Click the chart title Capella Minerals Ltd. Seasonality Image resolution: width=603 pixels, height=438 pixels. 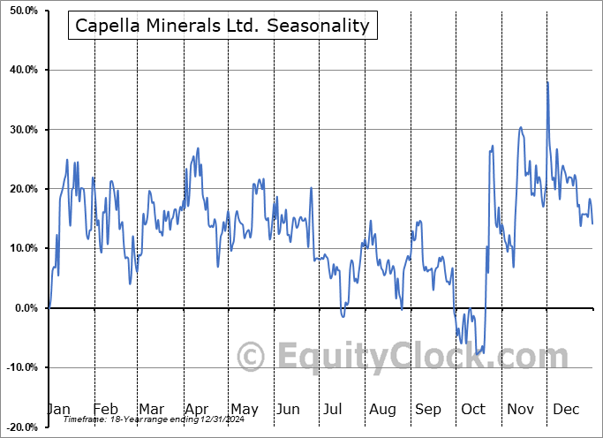[222, 26]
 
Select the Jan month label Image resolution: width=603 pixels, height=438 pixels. [59, 409]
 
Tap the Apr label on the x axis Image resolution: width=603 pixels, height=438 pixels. [197, 409]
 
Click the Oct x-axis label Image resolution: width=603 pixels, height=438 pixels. [473, 409]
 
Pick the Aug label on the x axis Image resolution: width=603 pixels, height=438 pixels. [382, 409]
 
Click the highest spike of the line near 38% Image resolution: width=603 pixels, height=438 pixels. [547, 82]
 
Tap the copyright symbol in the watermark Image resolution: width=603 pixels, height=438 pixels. [253, 358]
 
